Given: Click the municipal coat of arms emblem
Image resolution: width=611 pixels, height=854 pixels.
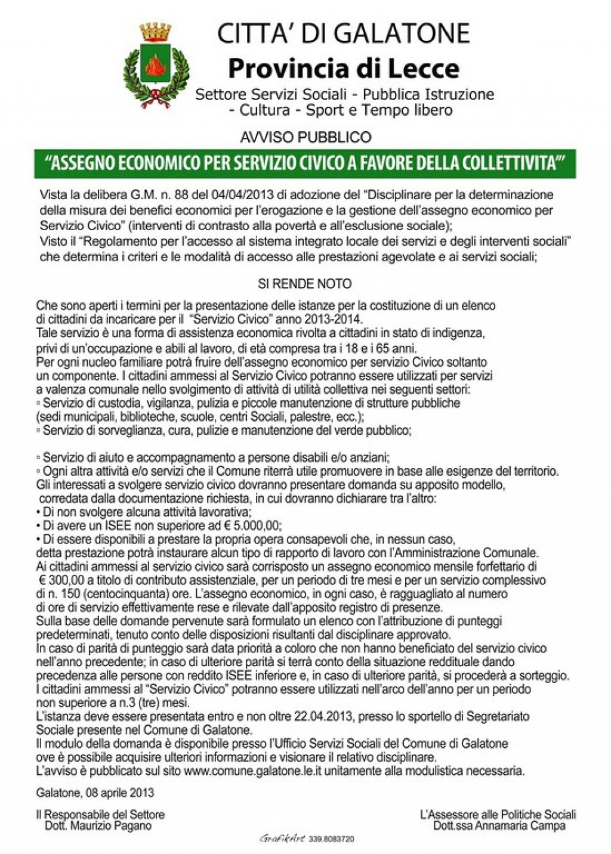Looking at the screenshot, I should pos(156,66).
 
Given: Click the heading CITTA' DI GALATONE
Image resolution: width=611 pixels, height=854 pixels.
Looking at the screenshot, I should pos(343,33).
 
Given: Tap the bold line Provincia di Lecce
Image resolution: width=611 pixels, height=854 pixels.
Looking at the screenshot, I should pos(344,69).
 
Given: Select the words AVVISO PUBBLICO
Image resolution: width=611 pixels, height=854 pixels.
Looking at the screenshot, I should pos(305,137).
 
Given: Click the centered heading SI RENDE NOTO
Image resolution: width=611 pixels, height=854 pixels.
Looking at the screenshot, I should pos(305,284).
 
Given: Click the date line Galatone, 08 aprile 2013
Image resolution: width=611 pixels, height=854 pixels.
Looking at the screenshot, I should pos(95,793).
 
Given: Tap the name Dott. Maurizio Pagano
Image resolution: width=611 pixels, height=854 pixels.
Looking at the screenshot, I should pos(98,826).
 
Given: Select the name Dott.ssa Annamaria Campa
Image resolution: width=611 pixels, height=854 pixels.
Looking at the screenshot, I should pos(499,826).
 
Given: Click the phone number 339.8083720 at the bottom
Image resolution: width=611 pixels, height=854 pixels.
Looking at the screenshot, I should pos(331,839).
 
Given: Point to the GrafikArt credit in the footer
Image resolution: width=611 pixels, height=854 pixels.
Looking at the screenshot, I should pos(282,838).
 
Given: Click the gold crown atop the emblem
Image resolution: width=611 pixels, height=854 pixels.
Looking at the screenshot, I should pos(155,31).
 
